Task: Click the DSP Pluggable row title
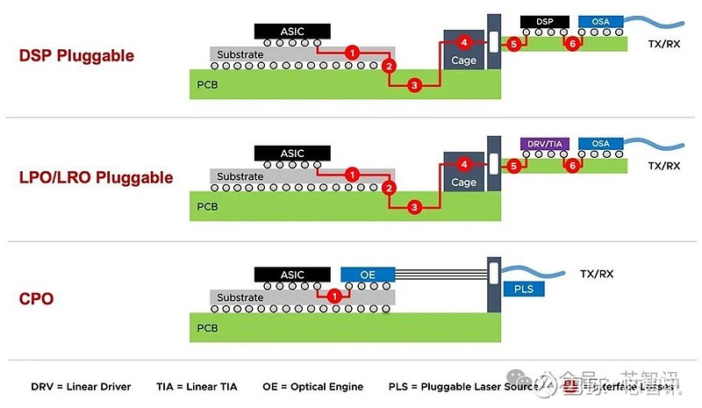76,55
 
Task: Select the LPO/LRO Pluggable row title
97,177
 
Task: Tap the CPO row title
36,298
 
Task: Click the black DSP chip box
545,21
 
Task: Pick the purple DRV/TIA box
545,143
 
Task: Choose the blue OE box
368,275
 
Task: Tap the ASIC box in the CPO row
292,275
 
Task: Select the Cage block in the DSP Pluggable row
463,60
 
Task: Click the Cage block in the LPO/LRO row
463,182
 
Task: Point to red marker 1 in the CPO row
333,296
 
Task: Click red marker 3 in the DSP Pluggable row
415,85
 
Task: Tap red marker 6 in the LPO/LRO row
572,164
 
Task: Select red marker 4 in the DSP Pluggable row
465,42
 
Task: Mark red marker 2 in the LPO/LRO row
390,188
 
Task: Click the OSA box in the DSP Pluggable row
601,21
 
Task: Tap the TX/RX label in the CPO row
597,274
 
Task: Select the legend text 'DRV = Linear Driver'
81,386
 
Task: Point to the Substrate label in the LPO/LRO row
240,176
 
